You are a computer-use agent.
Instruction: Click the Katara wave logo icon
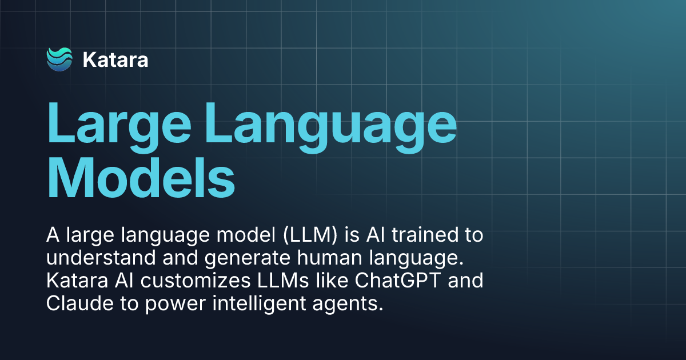pos(59,59)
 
